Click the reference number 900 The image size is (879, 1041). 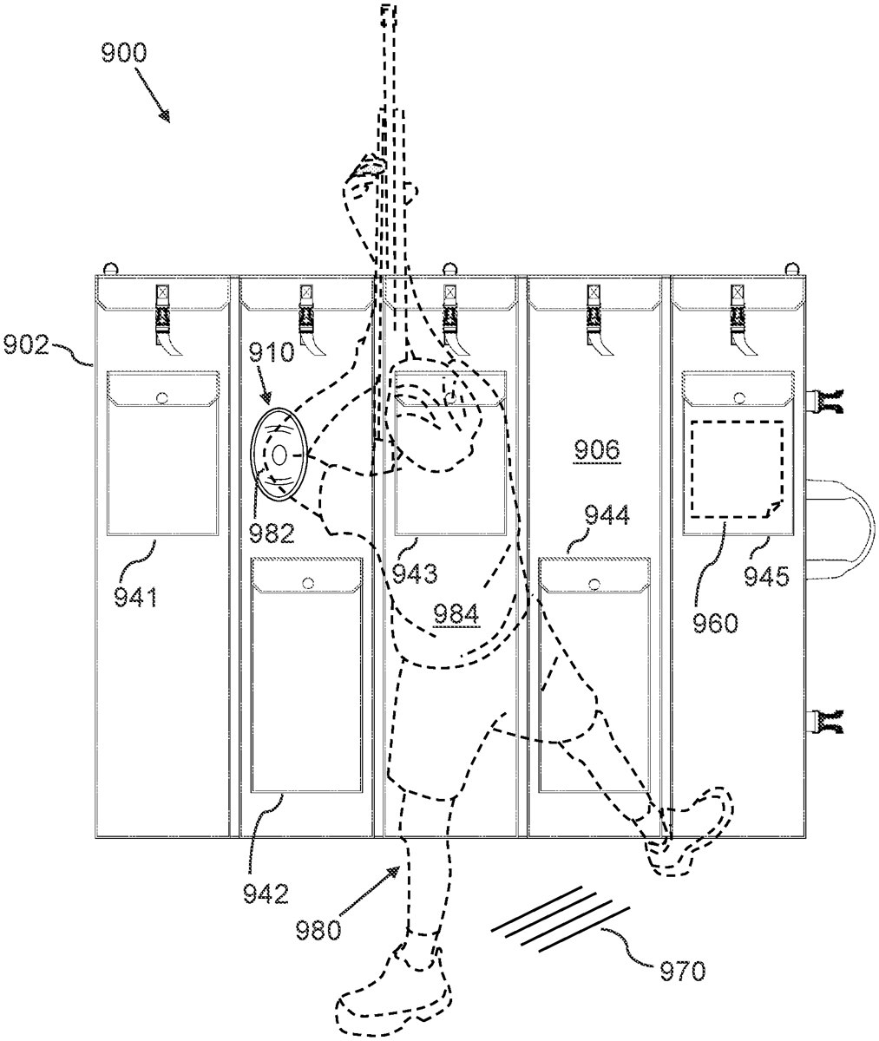pyautogui.click(x=124, y=53)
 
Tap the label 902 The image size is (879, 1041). pyautogui.click(x=26, y=344)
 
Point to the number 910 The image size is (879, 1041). pyautogui.click(x=272, y=352)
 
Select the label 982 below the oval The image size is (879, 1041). pyautogui.click(x=272, y=534)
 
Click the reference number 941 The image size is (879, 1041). pyautogui.click(x=136, y=597)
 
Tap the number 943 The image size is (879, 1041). pyautogui.click(x=415, y=573)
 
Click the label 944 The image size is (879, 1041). pyautogui.click(x=607, y=514)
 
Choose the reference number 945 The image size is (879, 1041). pyautogui.click(x=767, y=576)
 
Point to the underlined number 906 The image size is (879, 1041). pyautogui.click(x=597, y=449)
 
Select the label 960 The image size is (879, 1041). pyautogui.click(x=715, y=623)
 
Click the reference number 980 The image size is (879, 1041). pyautogui.click(x=318, y=930)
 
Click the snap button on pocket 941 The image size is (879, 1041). pyautogui.click(x=162, y=398)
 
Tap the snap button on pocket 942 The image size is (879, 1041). pyautogui.click(x=308, y=583)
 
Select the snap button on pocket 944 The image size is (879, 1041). pyautogui.click(x=594, y=583)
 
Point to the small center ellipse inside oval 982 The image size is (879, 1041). pyautogui.click(x=279, y=455)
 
